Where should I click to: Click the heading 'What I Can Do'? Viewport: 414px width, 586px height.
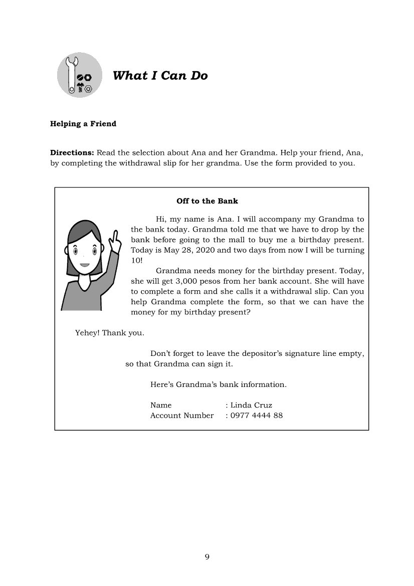click(160, 76)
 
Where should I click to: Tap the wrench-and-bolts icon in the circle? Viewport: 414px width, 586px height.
click(80, 76)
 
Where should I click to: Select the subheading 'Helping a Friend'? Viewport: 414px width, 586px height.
click(83, 124)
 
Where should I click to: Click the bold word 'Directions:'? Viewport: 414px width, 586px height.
click(72, 152)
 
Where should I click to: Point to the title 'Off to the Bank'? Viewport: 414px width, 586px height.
click(207, 201)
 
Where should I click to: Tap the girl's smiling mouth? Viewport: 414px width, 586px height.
click(85, 265)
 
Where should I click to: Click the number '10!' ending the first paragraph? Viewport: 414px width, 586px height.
click(136, 261)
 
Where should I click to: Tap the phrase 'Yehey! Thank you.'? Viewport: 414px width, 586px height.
click(110, 332)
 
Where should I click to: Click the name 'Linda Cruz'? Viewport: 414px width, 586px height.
click(251, 405)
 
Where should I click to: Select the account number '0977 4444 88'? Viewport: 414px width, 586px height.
click(256, 415)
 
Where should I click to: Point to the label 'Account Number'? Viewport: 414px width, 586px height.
click(182, 415)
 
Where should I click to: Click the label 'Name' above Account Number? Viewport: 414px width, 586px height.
click(161, 405)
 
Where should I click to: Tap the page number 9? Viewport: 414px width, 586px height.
click(207, 557)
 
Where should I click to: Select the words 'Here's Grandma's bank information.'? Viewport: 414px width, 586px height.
click(219, 384)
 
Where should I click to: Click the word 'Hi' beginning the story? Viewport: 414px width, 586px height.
click(161, 219)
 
